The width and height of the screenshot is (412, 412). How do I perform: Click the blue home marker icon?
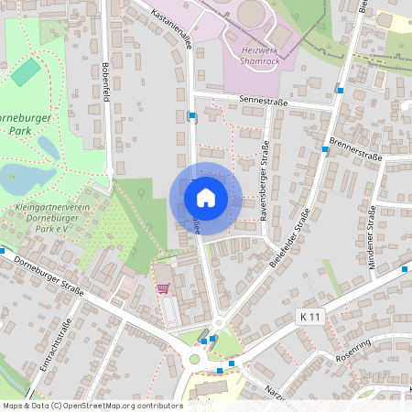pyautogui.click(x=206, y=198)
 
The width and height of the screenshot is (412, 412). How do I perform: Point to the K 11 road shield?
pyautogui.click(x=311, y=316)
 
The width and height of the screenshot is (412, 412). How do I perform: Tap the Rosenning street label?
pyautogui.click(x=353, y=351)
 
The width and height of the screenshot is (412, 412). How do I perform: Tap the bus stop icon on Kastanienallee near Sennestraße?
pyautogui.click(x=191, y=116)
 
